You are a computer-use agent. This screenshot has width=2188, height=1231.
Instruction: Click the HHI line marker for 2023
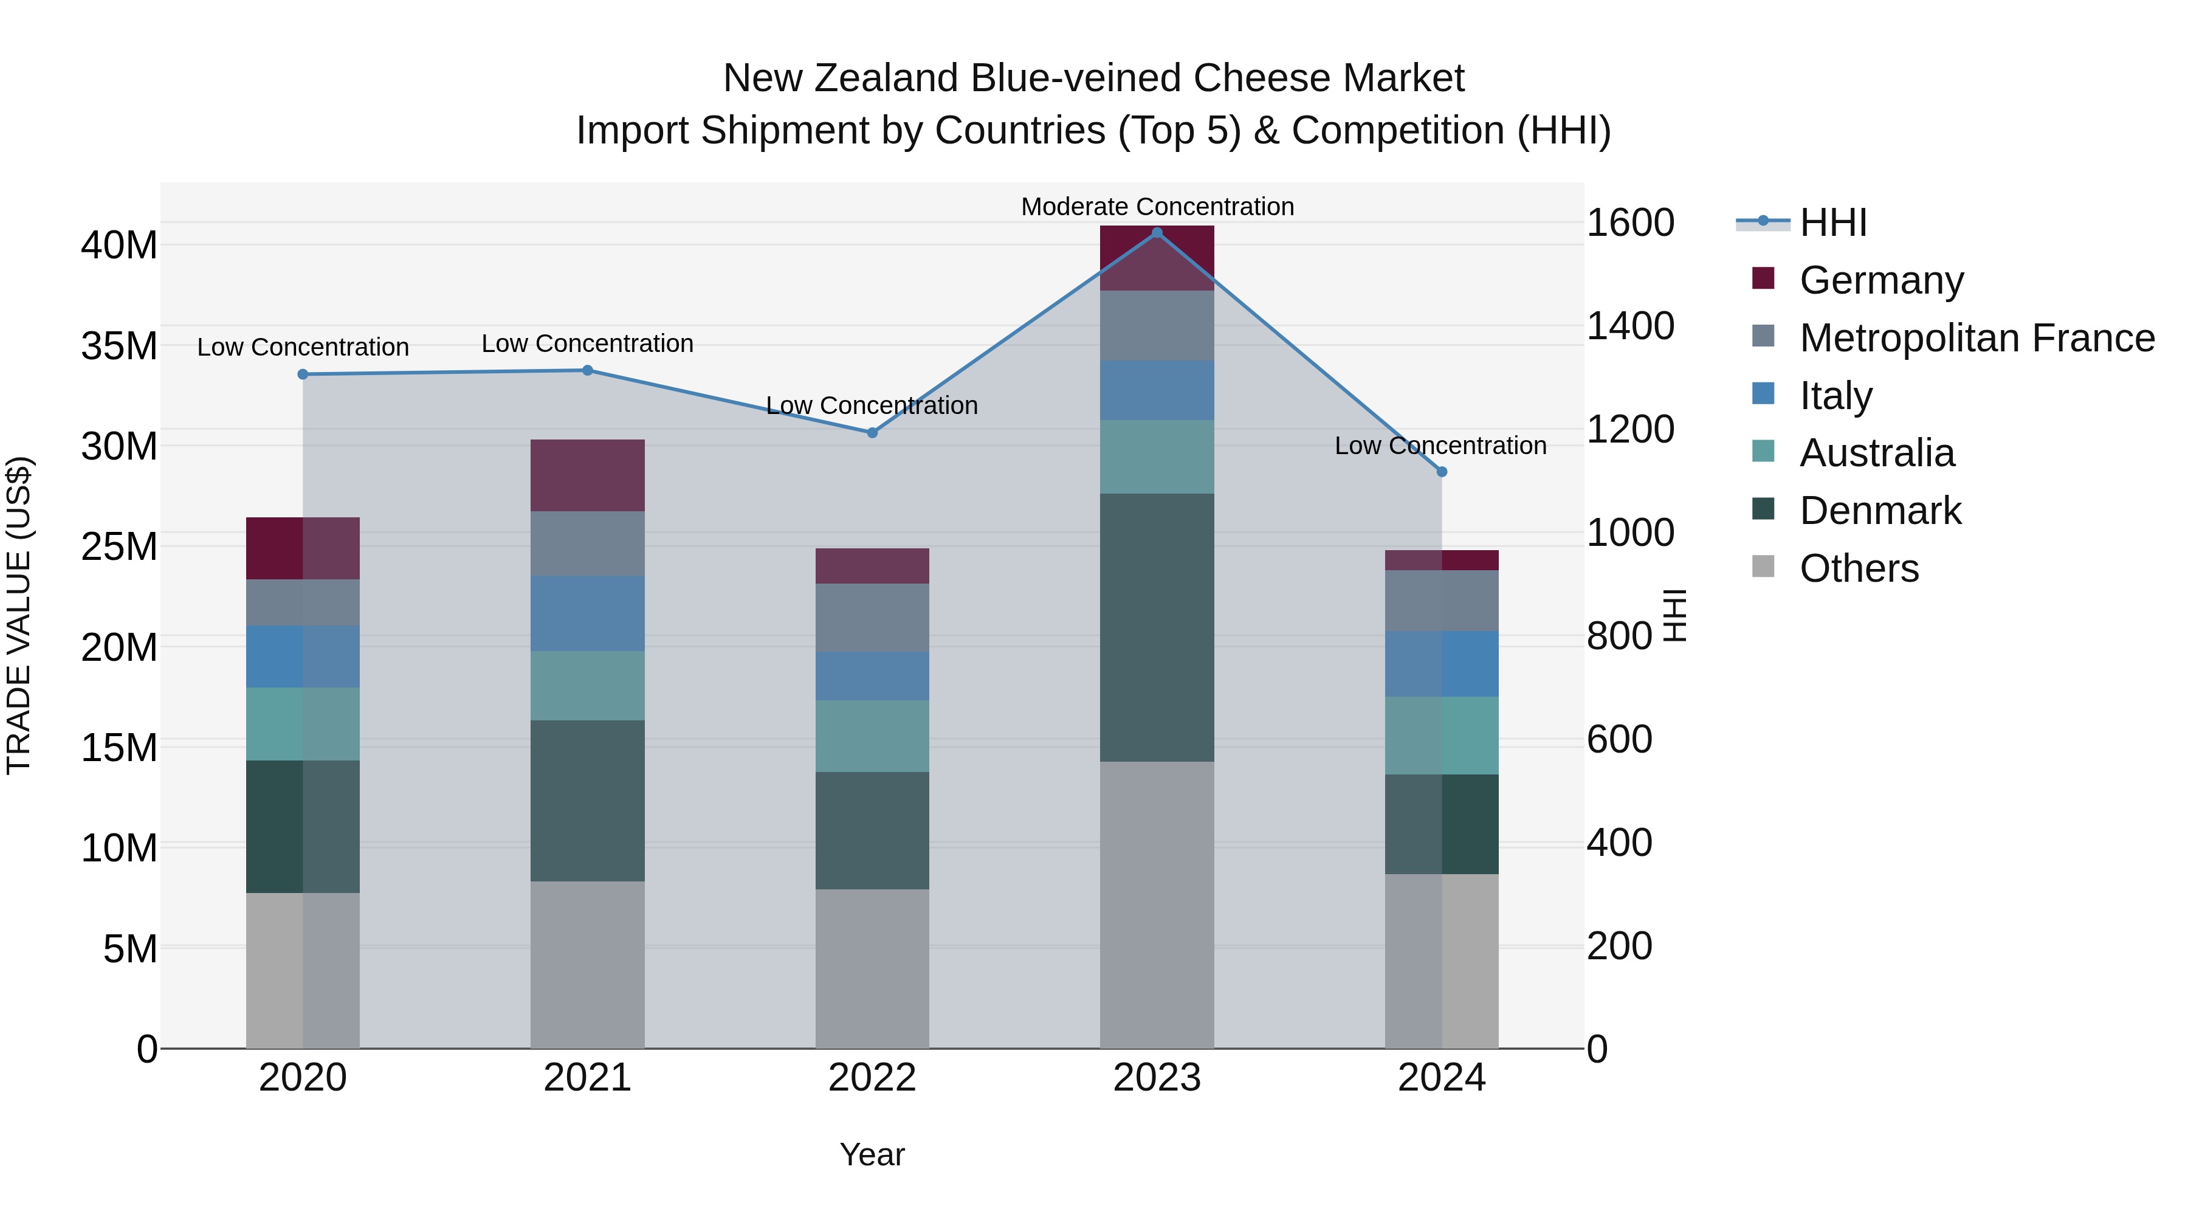(x=1156, y=232)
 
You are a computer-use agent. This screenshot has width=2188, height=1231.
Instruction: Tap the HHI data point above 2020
(x=303, y=374)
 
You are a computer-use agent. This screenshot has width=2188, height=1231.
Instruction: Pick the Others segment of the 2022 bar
(x=872, y=968)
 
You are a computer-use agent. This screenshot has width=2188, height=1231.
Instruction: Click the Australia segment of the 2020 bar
(x=303, y=724)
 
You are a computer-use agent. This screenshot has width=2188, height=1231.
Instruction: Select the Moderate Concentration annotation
(x=1157, y=207)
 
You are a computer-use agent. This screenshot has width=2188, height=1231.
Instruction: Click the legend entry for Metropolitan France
(x=1976, y=337)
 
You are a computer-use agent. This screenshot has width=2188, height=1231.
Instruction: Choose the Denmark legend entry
(x=1880, y=511)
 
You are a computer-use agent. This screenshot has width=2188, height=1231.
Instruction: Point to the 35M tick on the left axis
(x=119, y=346)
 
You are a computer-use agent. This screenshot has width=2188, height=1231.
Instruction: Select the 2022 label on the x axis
(x=872, y=1078)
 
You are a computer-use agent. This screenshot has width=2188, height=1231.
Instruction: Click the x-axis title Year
(x=872, y=1154)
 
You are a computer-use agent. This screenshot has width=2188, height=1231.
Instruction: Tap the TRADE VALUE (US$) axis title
(x=19, y=615)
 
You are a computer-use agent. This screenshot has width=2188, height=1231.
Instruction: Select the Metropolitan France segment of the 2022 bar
(x=872, y=618)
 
